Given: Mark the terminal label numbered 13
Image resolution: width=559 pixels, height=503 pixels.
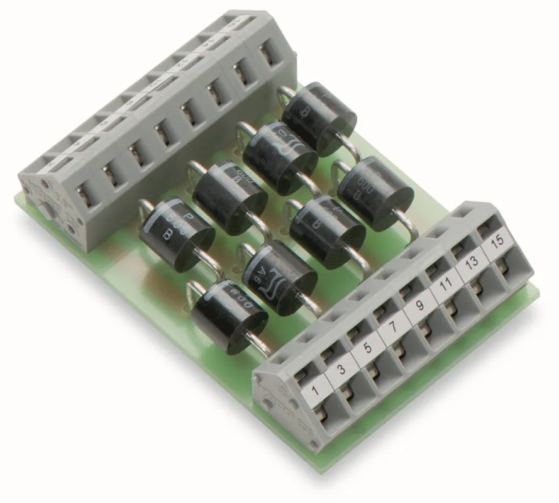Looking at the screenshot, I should (470, 265).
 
